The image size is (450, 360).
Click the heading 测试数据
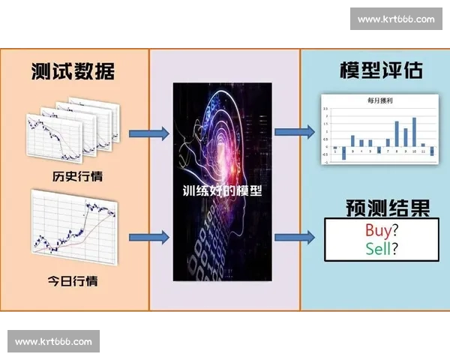click(x=73, y=71)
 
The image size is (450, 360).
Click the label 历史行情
click(x=73, y=177)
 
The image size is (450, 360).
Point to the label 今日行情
click(x=73, y=281)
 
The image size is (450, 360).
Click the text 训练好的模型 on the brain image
click(x=223, y=190)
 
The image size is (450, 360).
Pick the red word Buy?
click(x=381, y=230)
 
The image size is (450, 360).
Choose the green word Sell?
click(x=382, y=248)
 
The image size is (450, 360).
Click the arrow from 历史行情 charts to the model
click(x=149, y=133)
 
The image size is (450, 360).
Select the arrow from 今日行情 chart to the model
click(x=149, y=238)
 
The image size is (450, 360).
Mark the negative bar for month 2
click(x=343, y=152)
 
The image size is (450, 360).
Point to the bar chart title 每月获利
click(x=379, y=99)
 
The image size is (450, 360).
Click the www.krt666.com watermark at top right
click(x=395, y=19)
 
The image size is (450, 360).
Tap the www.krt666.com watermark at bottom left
click(x=53, y=341)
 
